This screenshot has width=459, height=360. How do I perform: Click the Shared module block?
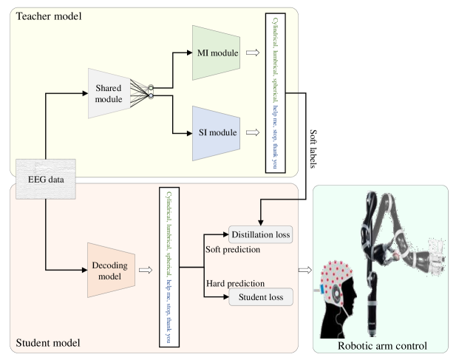click(x=109, y=94)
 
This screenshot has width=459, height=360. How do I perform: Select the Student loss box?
click(x=261, y=298)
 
